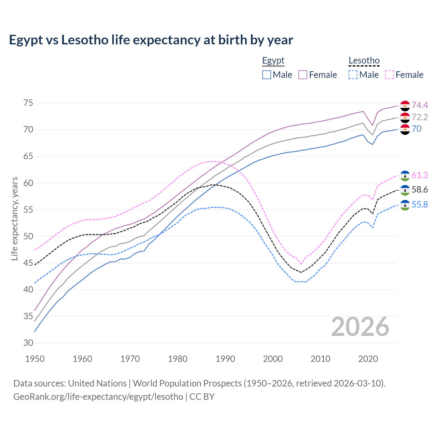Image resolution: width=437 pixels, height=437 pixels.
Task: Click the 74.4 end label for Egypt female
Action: (x=420, y=105)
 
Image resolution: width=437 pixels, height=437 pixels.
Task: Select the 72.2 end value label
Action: (x=420, y=117)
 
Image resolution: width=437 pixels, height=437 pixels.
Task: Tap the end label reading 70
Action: (x=417, y=129)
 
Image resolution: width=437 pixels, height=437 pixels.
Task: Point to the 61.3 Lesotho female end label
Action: (x=420, y=175)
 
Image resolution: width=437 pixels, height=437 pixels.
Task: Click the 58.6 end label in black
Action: (x=420, y=189)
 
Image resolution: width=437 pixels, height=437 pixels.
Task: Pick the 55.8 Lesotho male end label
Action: (x=420, y=205)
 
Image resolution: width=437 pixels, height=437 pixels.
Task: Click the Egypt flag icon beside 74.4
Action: (x=405, y=106)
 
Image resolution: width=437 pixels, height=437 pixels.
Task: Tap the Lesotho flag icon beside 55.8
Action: (x=405, y=205)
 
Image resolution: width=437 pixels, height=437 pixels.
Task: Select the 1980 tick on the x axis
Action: (x=178, y=359)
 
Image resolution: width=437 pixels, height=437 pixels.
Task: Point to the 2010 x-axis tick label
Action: (x=320, y=359)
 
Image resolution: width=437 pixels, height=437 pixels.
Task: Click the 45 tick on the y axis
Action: (x=28, y=263)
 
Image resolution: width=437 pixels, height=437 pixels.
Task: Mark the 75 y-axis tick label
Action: (x=28, y=103)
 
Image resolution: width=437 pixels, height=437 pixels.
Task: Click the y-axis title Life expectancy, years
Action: (x=14, y=218)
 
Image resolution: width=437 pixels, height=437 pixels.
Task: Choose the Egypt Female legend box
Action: (x=303, y=75)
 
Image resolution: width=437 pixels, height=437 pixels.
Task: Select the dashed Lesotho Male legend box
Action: (x=353, y=75)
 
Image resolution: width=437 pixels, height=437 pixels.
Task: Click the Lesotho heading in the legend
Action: (x=364, y=61)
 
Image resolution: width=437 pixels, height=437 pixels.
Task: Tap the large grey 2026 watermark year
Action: (x=360, y=327)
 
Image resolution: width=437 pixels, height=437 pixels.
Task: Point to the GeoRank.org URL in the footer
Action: (x=98, y=396)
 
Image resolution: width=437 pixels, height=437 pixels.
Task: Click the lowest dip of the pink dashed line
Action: (x=301, y=264)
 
